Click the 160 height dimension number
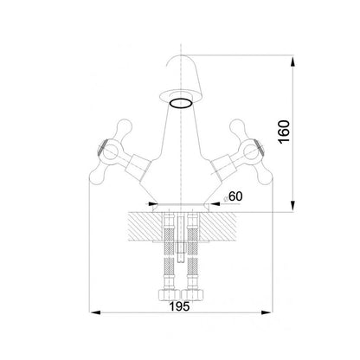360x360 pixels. [285, 132]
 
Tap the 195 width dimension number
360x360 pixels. [179, 306]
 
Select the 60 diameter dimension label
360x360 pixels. [233, 196]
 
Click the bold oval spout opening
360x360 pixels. [181, 103]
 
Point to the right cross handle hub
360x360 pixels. [251, 152]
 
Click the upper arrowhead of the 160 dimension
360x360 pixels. [293, 61]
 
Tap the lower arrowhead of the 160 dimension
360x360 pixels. [293, 206]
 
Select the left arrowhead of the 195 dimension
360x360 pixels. [95, 312]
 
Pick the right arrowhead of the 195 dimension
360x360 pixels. [266, 312]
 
